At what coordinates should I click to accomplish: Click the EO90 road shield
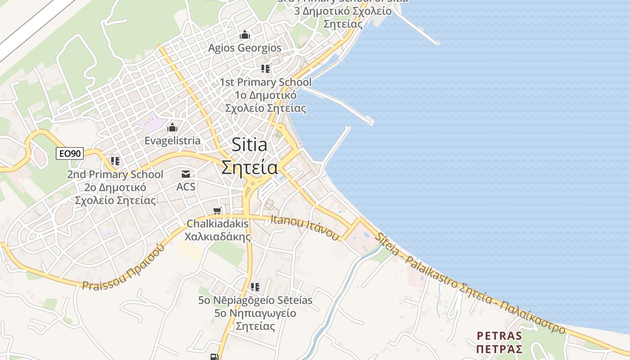pyautogui.click(x=70, y=153)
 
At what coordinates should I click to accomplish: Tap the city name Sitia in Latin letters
pyautogui.click(x=249, y=145)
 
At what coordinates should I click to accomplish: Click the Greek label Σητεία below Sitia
pyautogui.click(x=249, y=167)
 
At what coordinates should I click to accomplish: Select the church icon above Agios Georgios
pyautogui.click(x=245, y=35)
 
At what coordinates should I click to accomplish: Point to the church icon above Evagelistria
pyautogui.click(x=172, y=128)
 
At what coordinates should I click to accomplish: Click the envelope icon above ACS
pyautogui.click(x=185, y=174)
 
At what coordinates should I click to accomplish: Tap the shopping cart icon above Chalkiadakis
pyautogui.click(x=217, y=211)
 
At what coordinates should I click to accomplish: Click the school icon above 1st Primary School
pyautogui.click(x=265, y=69)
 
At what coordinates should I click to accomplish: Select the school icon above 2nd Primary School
pyautogui.click(x=115, y=161)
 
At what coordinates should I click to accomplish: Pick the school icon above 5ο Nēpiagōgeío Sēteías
pyautogui.click(x=255, y=287)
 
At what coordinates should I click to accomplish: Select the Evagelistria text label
pyautogui.click(x=172, y=141)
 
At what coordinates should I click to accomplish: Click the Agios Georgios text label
pyautogui.click(x=245, y=48)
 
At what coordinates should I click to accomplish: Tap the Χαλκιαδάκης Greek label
pyautogui.click(x=218, y=236)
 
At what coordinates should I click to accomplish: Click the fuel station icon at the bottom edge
pyautogui.click(x=214, y=357)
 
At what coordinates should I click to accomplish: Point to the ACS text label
pyautogui.click(x=186, y=186)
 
